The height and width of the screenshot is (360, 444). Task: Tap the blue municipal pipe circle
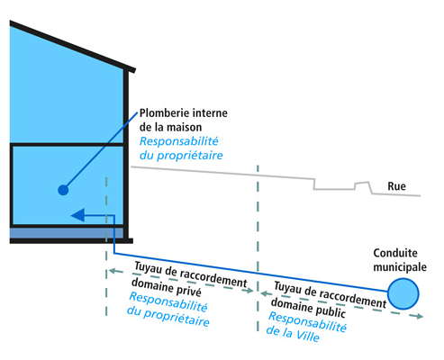[403, 292]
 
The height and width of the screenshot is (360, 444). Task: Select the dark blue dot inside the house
[62, 190]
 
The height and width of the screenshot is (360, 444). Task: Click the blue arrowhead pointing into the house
[77, 215]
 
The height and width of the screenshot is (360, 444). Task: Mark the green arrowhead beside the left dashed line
[111, 270]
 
